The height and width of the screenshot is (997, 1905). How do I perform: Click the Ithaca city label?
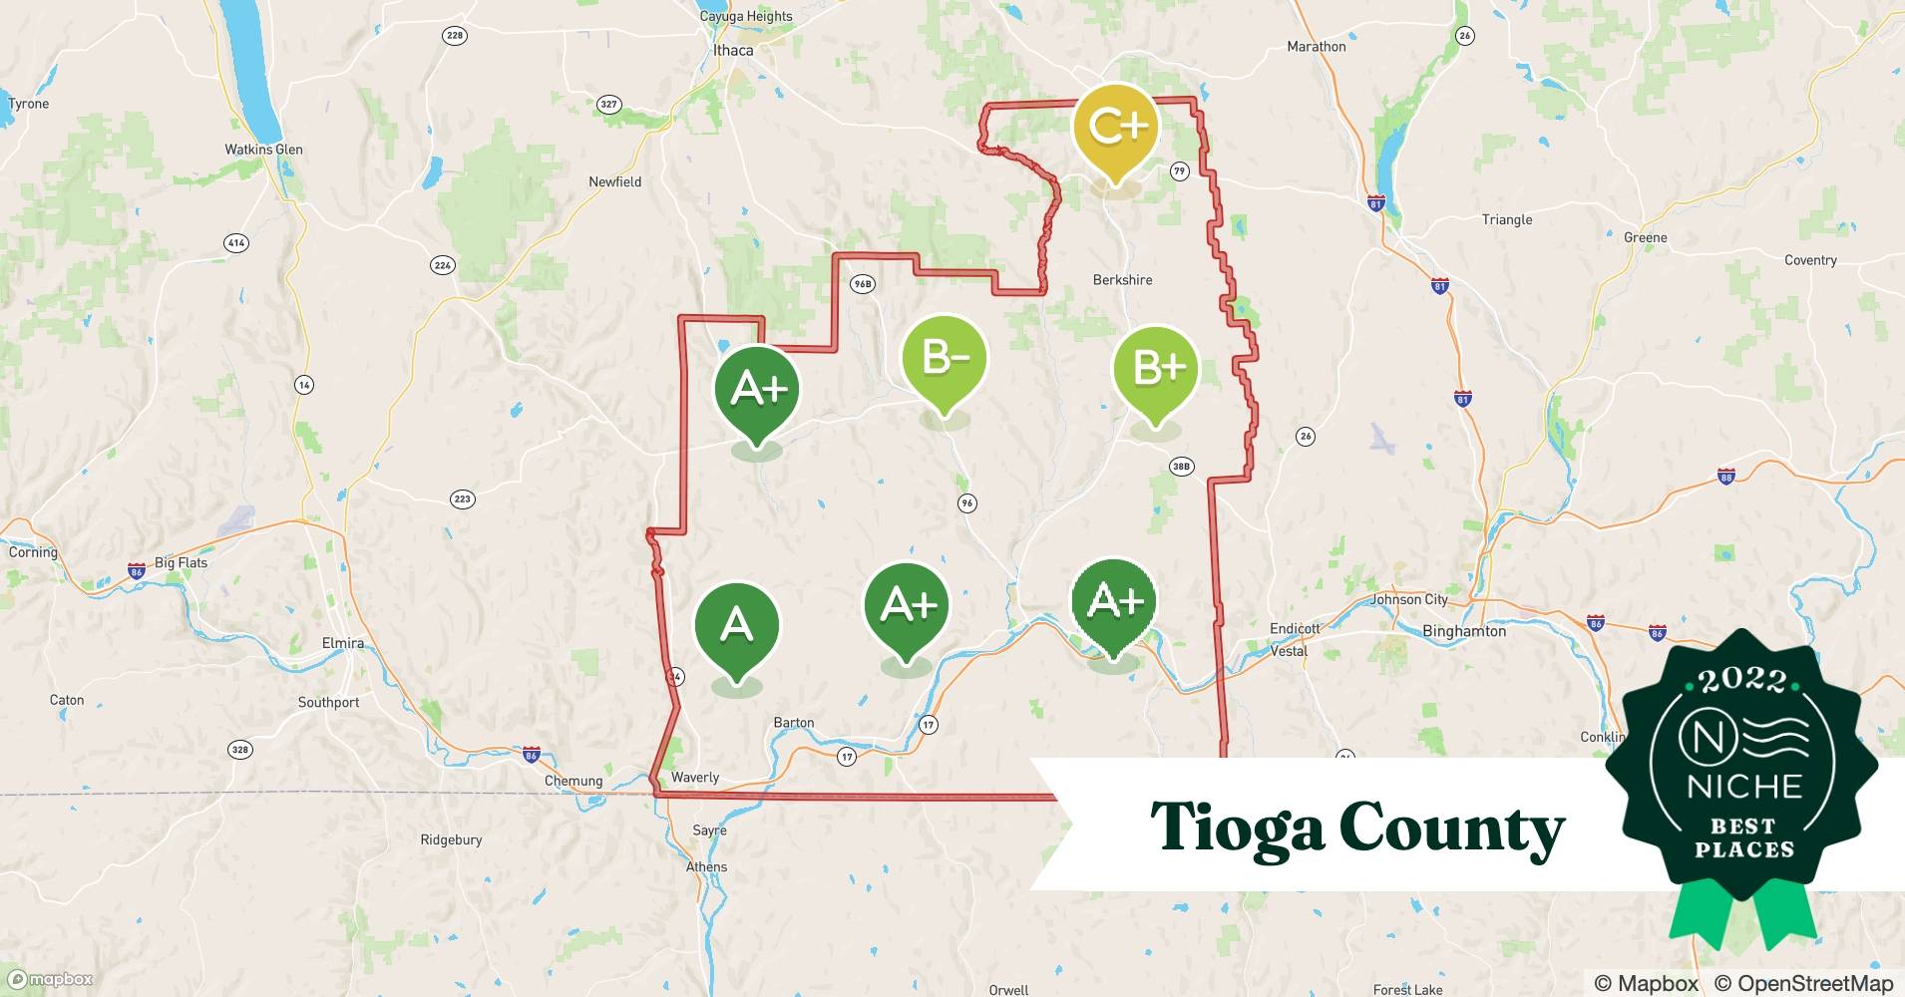pos(733,50)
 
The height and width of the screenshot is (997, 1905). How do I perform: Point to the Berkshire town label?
pos(1122,280)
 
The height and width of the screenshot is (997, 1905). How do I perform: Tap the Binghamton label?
pos(1463,631)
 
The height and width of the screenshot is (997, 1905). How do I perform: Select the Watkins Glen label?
pos(263,150)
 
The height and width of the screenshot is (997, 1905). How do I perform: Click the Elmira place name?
pos(342,643)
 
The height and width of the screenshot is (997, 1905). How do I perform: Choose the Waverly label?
pos(695,778)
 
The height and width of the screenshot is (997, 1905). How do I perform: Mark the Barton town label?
pos(794,723)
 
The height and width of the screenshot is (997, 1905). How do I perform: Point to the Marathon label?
pos(1316,47)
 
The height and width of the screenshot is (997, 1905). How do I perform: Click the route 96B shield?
pos(862,284)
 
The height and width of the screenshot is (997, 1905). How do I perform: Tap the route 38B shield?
pos(1181,466)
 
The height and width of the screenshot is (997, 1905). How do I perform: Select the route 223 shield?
pos(462,498)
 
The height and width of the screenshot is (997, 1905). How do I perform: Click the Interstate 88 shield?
pos(1727,477)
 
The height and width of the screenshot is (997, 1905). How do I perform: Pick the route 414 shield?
pos(236,242)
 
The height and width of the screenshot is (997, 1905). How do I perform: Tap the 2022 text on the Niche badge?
pos(1741,680)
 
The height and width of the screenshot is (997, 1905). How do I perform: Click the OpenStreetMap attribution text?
pos(1803,983)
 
